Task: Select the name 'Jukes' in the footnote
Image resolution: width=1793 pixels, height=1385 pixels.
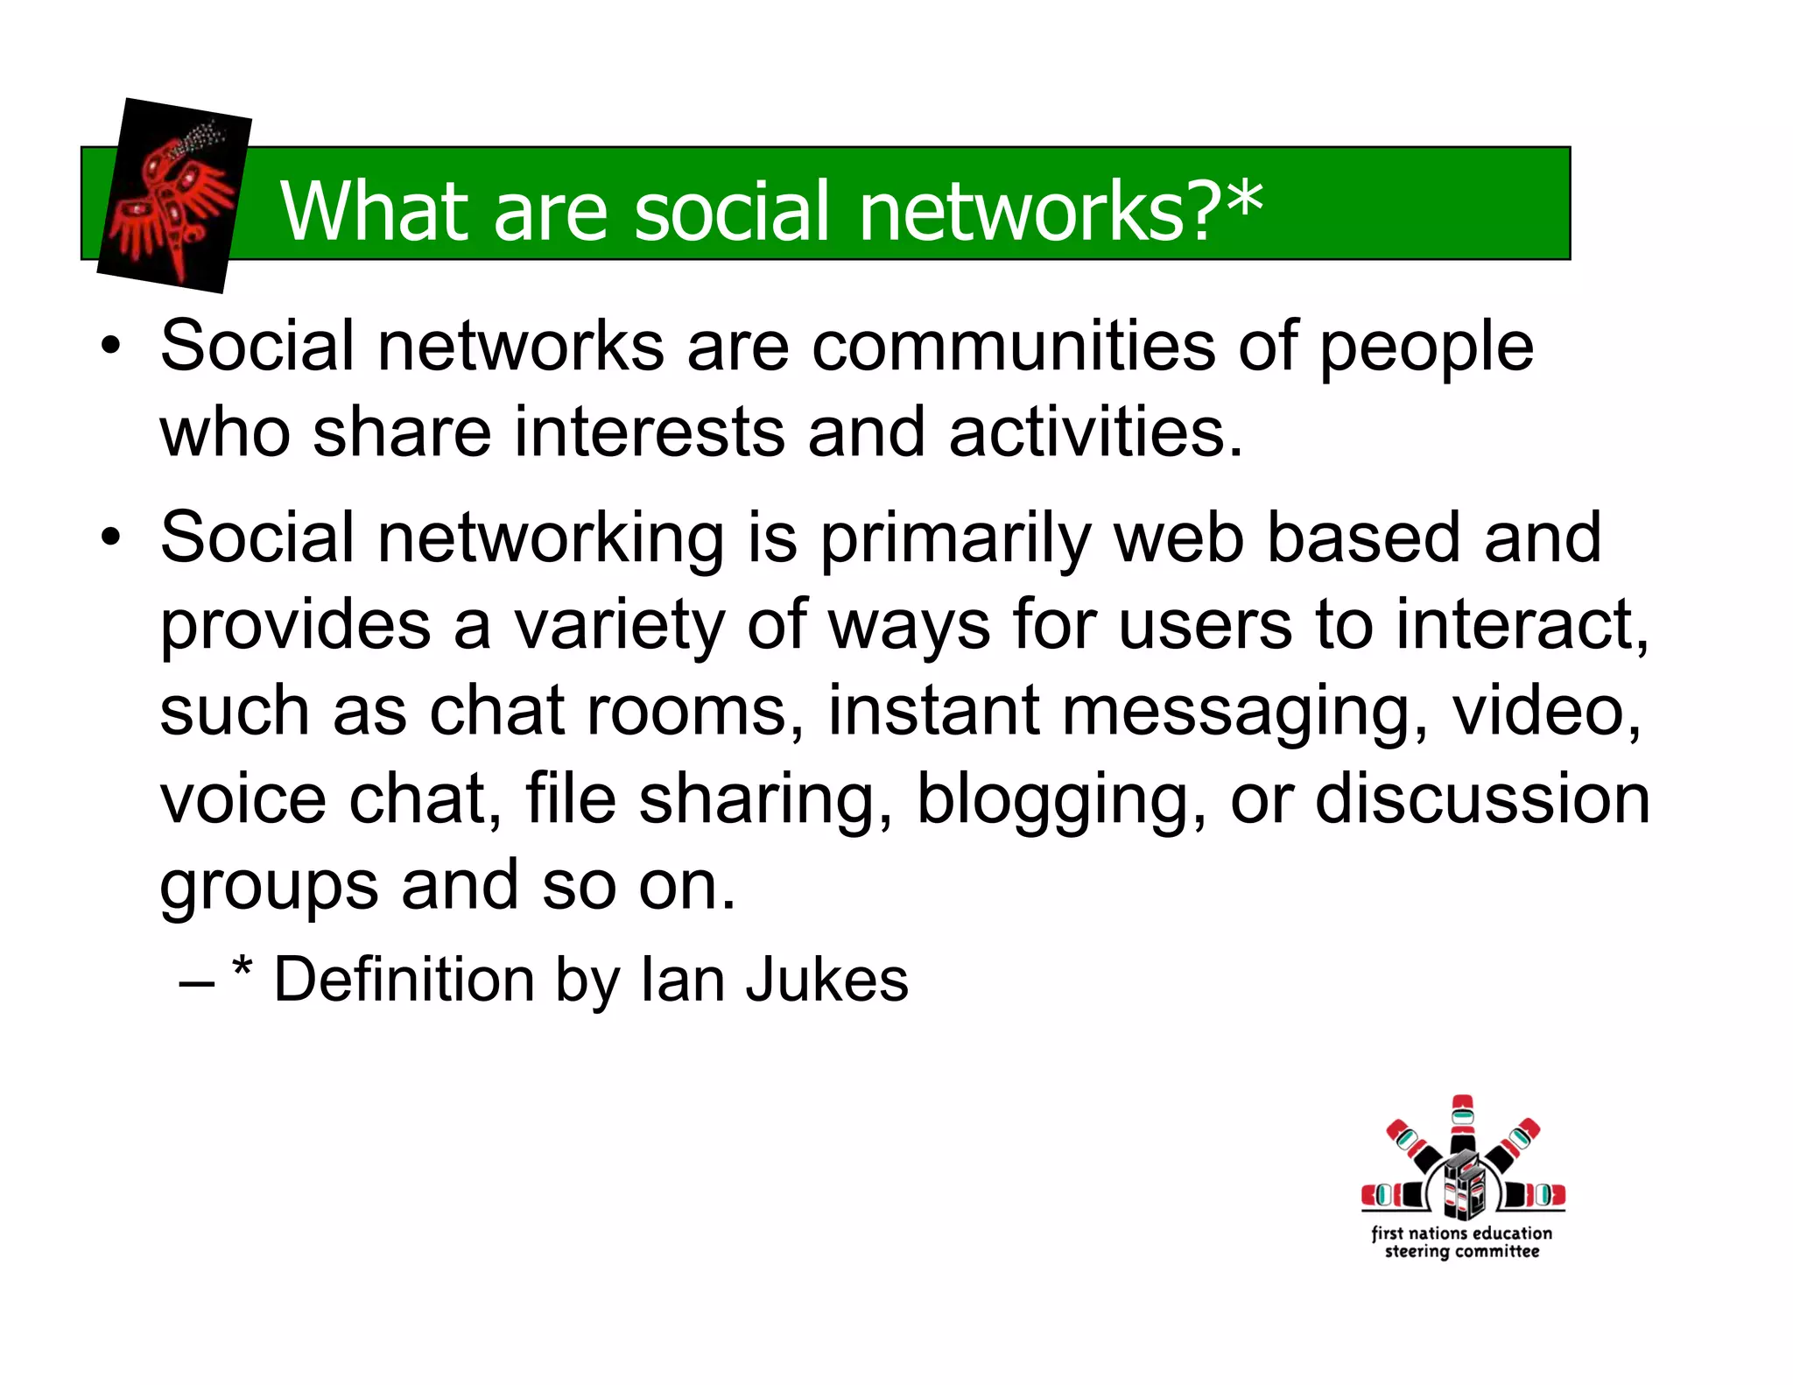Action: tap(826, 980)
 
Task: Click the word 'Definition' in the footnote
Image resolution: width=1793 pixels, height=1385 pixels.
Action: tap(404, 980)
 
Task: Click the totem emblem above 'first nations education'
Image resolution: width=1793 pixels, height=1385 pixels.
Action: tap(1462, 1161)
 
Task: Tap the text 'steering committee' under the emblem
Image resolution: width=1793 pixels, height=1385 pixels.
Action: tap(1461, 1253)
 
